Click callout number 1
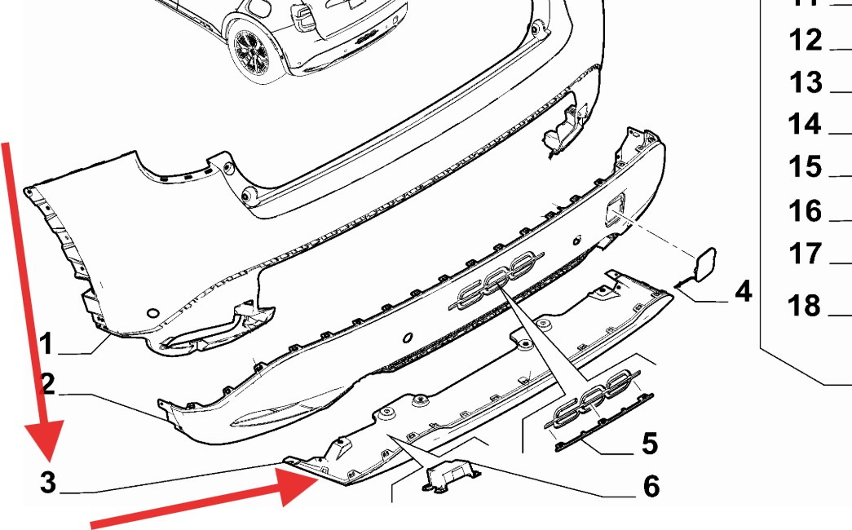[46, 343]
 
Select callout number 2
[48, 384]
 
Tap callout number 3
[48, 482]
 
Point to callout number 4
[744, 291]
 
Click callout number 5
[650, 443]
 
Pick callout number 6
[651, 485]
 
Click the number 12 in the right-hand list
[806, 40]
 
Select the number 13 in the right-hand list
[806, 82]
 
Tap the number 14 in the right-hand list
[805, 124]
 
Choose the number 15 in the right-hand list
[806, 166]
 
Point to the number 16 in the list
[806, 210]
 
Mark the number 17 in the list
[805, 254]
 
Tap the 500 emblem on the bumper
[497, 280]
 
